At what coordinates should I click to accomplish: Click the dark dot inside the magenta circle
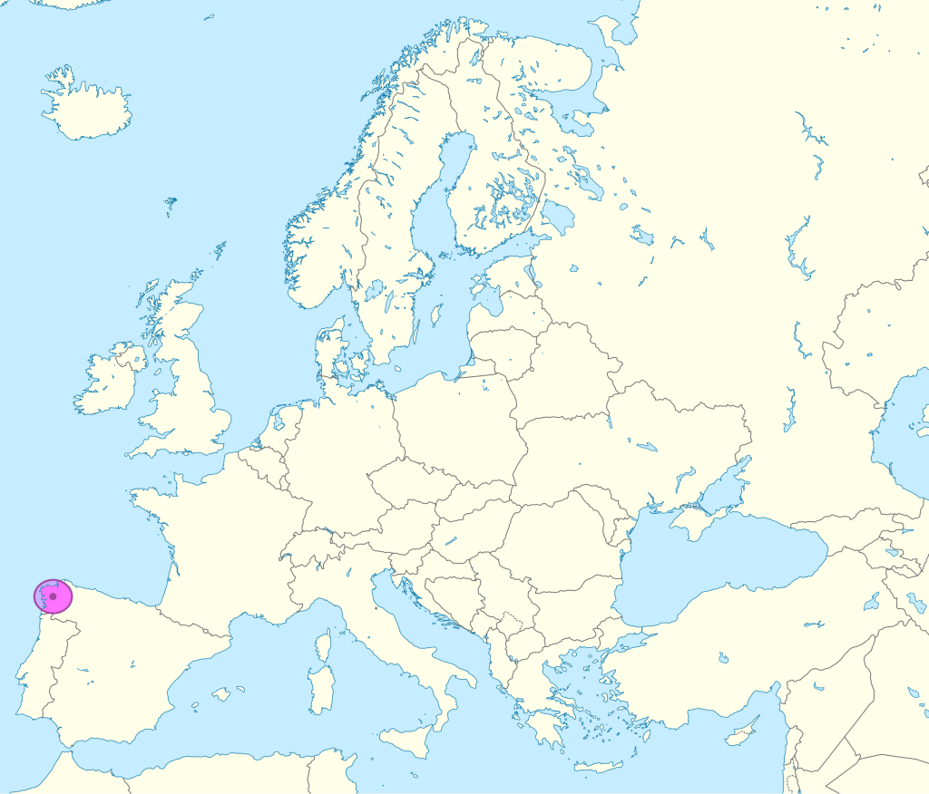tap(53, 596)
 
